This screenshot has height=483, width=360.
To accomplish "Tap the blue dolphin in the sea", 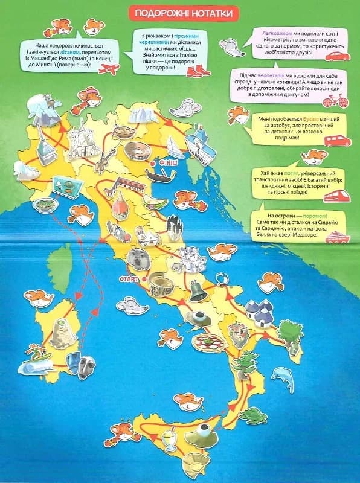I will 282,377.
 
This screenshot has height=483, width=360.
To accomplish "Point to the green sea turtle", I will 252,414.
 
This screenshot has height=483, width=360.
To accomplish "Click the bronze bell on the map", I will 197,290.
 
